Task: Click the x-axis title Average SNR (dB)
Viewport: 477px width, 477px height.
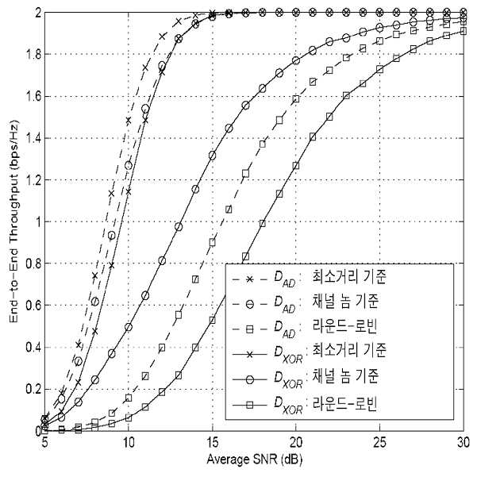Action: coord(255,460)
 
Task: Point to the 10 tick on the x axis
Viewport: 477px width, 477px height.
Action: coord(129,443)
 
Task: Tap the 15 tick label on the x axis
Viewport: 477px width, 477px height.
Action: coord(213,443)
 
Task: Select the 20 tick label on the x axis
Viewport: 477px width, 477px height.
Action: coord(296,443)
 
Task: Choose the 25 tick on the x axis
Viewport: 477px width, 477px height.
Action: coord(379,443)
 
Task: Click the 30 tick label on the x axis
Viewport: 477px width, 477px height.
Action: coord(464,443)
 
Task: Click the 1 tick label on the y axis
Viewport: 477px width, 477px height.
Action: coord(38,221)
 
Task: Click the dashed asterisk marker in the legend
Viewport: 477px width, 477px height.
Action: coord(249,279)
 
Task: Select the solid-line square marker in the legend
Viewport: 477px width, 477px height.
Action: coord(249,405)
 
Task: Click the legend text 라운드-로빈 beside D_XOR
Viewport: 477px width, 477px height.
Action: coord(345,404)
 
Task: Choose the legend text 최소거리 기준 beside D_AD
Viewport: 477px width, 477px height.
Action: coord(349,276)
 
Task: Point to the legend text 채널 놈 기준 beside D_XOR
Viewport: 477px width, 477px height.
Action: coord(345,376)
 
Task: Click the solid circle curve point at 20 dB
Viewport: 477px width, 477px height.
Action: coord(296,60)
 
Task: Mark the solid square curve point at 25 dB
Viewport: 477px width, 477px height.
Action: coord(379,69)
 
